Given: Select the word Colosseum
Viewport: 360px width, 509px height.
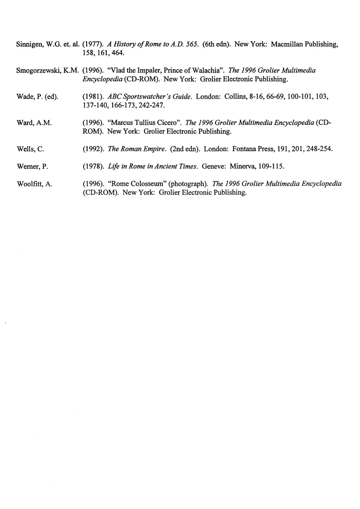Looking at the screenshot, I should tap(146, 184).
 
